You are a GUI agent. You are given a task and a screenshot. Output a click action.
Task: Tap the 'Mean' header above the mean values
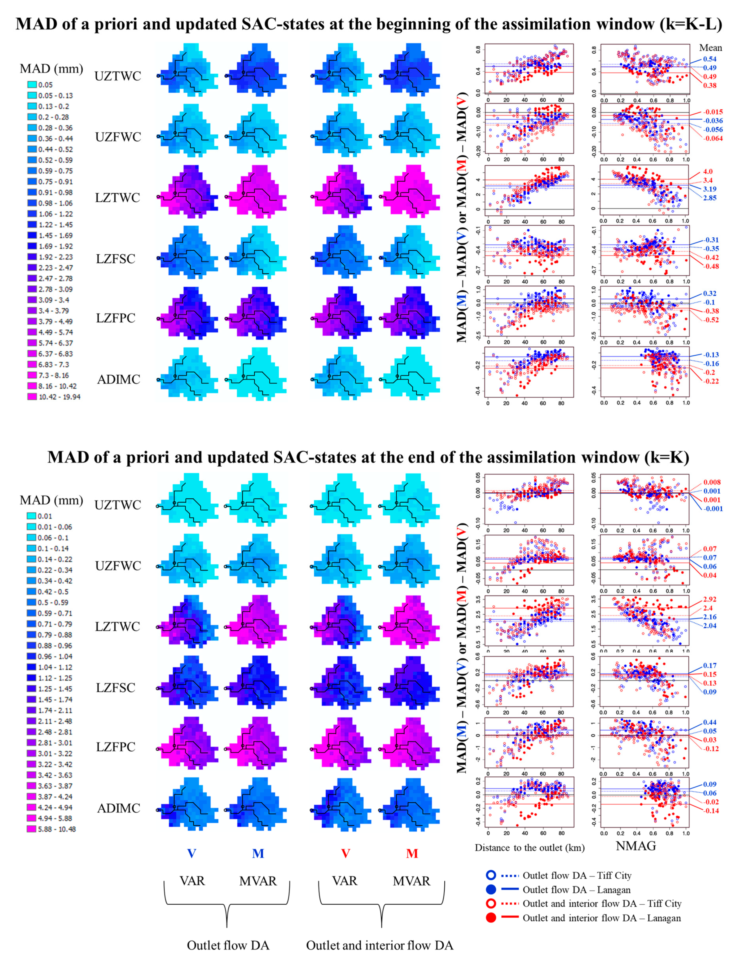click(x=710, y=47)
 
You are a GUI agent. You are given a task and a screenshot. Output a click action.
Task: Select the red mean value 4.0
click(x=708, y=171)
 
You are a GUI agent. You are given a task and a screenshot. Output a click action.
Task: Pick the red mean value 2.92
click(x=709, y=599)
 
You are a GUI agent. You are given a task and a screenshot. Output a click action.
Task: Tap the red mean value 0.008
click(x=712, y=482)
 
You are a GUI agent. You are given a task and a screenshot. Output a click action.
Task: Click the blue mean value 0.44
click(x=709, y=722)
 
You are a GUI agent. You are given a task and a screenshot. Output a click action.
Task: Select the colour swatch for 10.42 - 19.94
click(x=32, y=396)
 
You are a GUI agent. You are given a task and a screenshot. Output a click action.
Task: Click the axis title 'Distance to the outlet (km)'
click(x=529, y=847)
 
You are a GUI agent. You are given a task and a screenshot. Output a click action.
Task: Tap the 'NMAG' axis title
click(x=636, y=846)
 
